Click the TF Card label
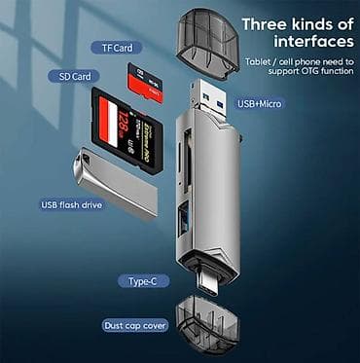[x=117, y=47]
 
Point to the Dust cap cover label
[x=136, y=324]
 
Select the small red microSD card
[x=144, y=80]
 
